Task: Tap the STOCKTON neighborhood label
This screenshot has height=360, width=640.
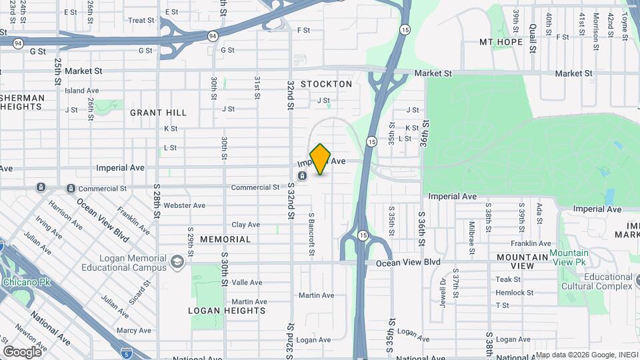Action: tap(326, 84)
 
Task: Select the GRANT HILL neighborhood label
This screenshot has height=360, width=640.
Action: tap(158, 113)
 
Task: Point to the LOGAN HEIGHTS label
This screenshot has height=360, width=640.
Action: tap(227, 311)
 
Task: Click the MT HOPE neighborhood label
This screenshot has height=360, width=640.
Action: tap(501, 42)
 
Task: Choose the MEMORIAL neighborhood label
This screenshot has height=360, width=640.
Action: tap(225, 239)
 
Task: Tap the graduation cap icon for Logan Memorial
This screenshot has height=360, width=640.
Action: tap(177, 261)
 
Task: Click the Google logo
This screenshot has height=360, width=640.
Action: tap(22, 351)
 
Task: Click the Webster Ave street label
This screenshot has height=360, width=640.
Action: tap(185, 205)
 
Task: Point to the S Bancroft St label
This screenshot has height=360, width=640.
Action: tap(311, 236)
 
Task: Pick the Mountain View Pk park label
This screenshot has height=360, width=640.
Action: tap(569, 258)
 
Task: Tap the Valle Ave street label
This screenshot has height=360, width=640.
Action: tap(247, 283)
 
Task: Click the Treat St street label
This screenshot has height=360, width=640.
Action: tap(141, 21)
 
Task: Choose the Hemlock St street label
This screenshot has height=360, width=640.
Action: tap(514, 293)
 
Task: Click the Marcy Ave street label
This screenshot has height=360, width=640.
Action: tap(134, 331)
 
